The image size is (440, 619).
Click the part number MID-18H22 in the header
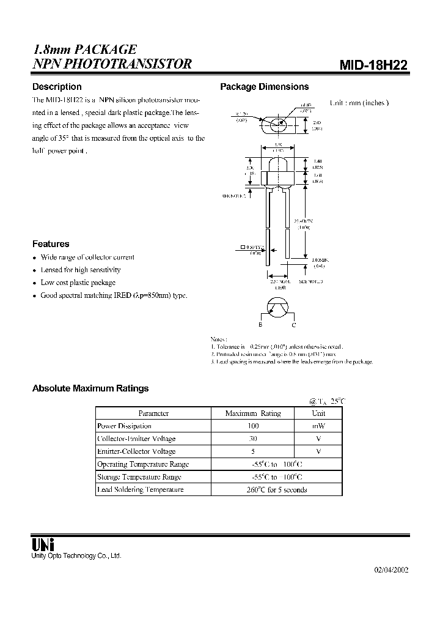click(x=374, y=65)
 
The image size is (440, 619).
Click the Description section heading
click(x=57, y=87)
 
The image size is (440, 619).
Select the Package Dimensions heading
click(x=264, y=87)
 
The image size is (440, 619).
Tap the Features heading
click(x=51, y=243)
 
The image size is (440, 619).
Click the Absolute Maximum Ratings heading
click(x=90, y=388)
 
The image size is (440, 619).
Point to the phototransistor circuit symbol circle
click(x=279, y=309)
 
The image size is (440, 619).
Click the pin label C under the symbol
click(x=293, y=325)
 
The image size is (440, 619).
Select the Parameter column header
click(x=153, y=413)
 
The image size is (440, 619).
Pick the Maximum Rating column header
click(x=253, y=413)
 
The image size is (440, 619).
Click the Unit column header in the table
click(x=318, y=413)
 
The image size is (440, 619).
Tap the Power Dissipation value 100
click(x=253, y=426)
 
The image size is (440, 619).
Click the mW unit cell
click(x=318, y=426)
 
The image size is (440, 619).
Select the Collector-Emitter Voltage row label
click(x=136, y=439)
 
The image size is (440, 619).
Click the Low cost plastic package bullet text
click(x=78, y=283)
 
